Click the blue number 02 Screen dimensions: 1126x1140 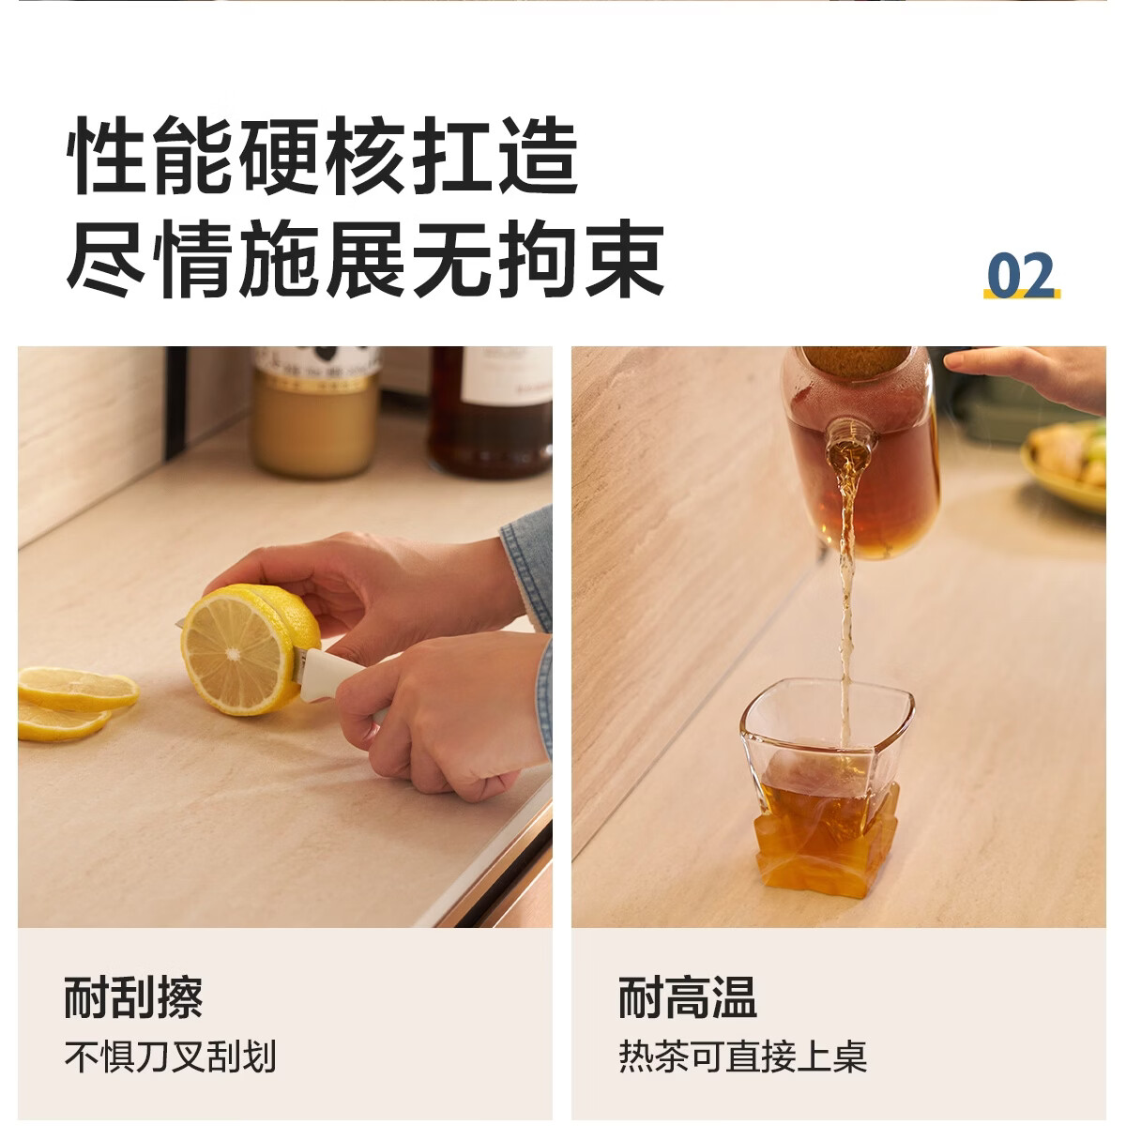(1021, 275)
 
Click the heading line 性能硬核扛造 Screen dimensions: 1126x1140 (323, 156)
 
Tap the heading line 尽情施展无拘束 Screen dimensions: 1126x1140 (365, 259)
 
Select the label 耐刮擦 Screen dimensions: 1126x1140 (133, 997)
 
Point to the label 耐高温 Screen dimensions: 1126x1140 (688, 997)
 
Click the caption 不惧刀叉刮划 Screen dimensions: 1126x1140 (170, 1057)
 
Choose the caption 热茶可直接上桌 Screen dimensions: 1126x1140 (742, 1057)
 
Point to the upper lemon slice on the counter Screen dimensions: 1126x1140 (78, 688)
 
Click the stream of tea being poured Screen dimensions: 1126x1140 (847, 598)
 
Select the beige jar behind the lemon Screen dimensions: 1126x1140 (316, 412)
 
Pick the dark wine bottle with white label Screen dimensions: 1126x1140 (490, 412)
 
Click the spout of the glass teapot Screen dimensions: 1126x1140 (850, 439)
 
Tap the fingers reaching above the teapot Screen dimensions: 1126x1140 (1029, 376)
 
